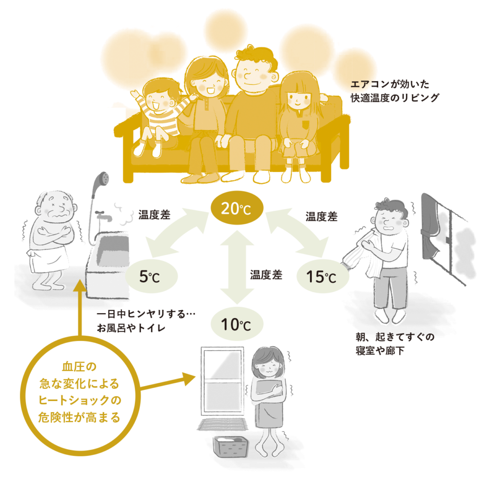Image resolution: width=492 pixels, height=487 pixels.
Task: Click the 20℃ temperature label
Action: pyautogui.click(x=235, y=209)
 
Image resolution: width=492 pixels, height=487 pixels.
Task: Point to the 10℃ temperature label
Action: pyautogui.click(x=235, y=325)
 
